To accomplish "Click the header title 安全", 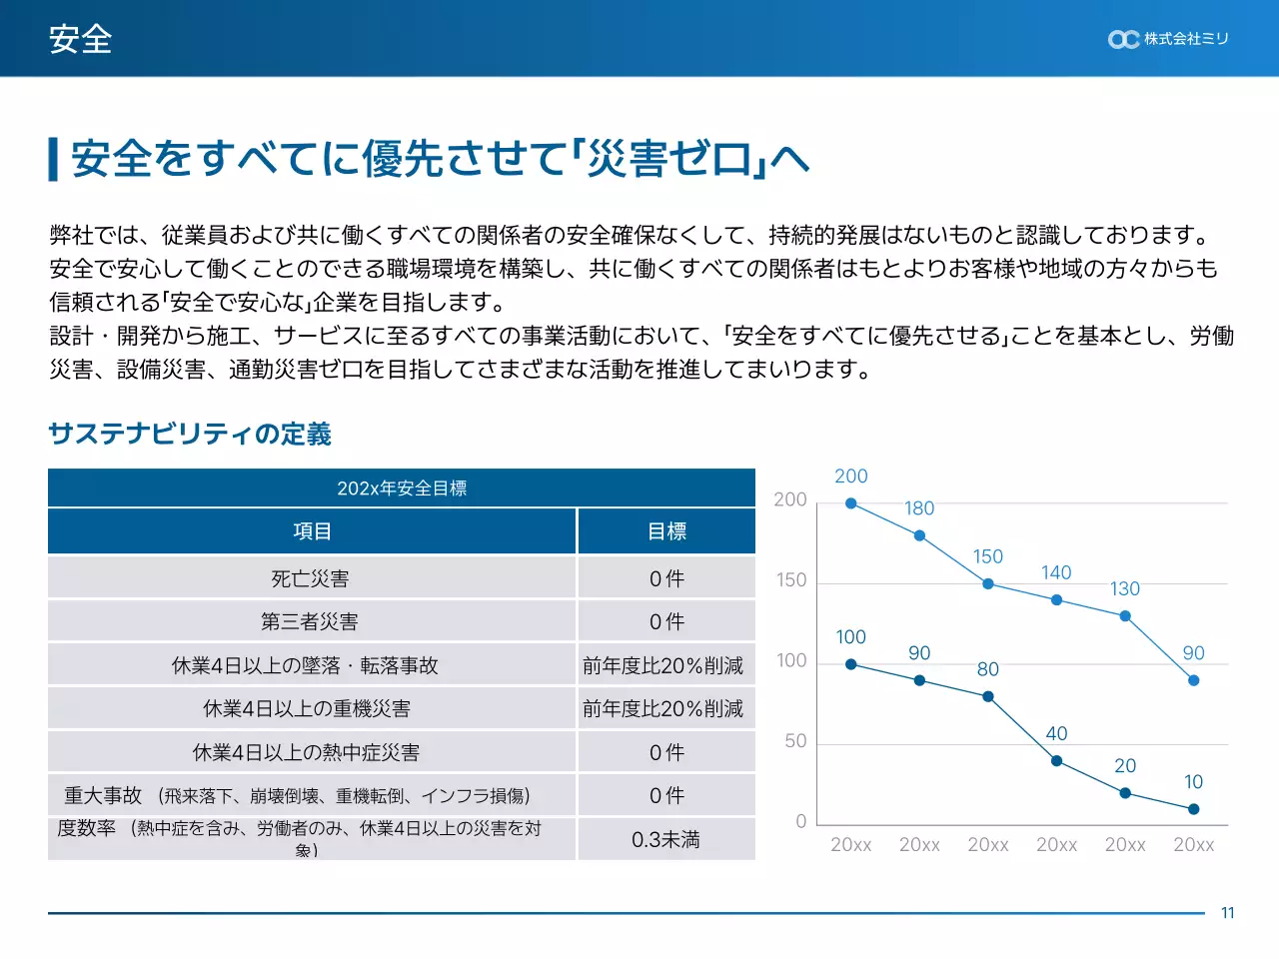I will (80, 39).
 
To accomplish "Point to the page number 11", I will (1227, 913).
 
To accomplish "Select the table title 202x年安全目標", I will (402, 488).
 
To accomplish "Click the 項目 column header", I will (312, 531).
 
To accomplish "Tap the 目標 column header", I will (666, 531).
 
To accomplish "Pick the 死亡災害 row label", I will (310, 578).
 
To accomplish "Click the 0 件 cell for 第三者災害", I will (666, 621).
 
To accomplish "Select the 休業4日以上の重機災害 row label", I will (307, 708).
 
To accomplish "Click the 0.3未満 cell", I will (665, 839).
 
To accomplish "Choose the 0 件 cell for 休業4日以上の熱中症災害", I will (666, 752).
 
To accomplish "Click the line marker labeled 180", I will (919, 536).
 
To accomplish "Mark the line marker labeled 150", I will (988, 584).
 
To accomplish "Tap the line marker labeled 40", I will (1056, 761).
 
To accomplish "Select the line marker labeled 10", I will (1194, 809).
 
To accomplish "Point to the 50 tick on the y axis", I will (795, 741).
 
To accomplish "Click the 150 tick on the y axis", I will (791, 580).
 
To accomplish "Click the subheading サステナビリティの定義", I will (190, 434).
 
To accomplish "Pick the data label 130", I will (1125, 589).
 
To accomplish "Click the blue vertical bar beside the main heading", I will (54, 160).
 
